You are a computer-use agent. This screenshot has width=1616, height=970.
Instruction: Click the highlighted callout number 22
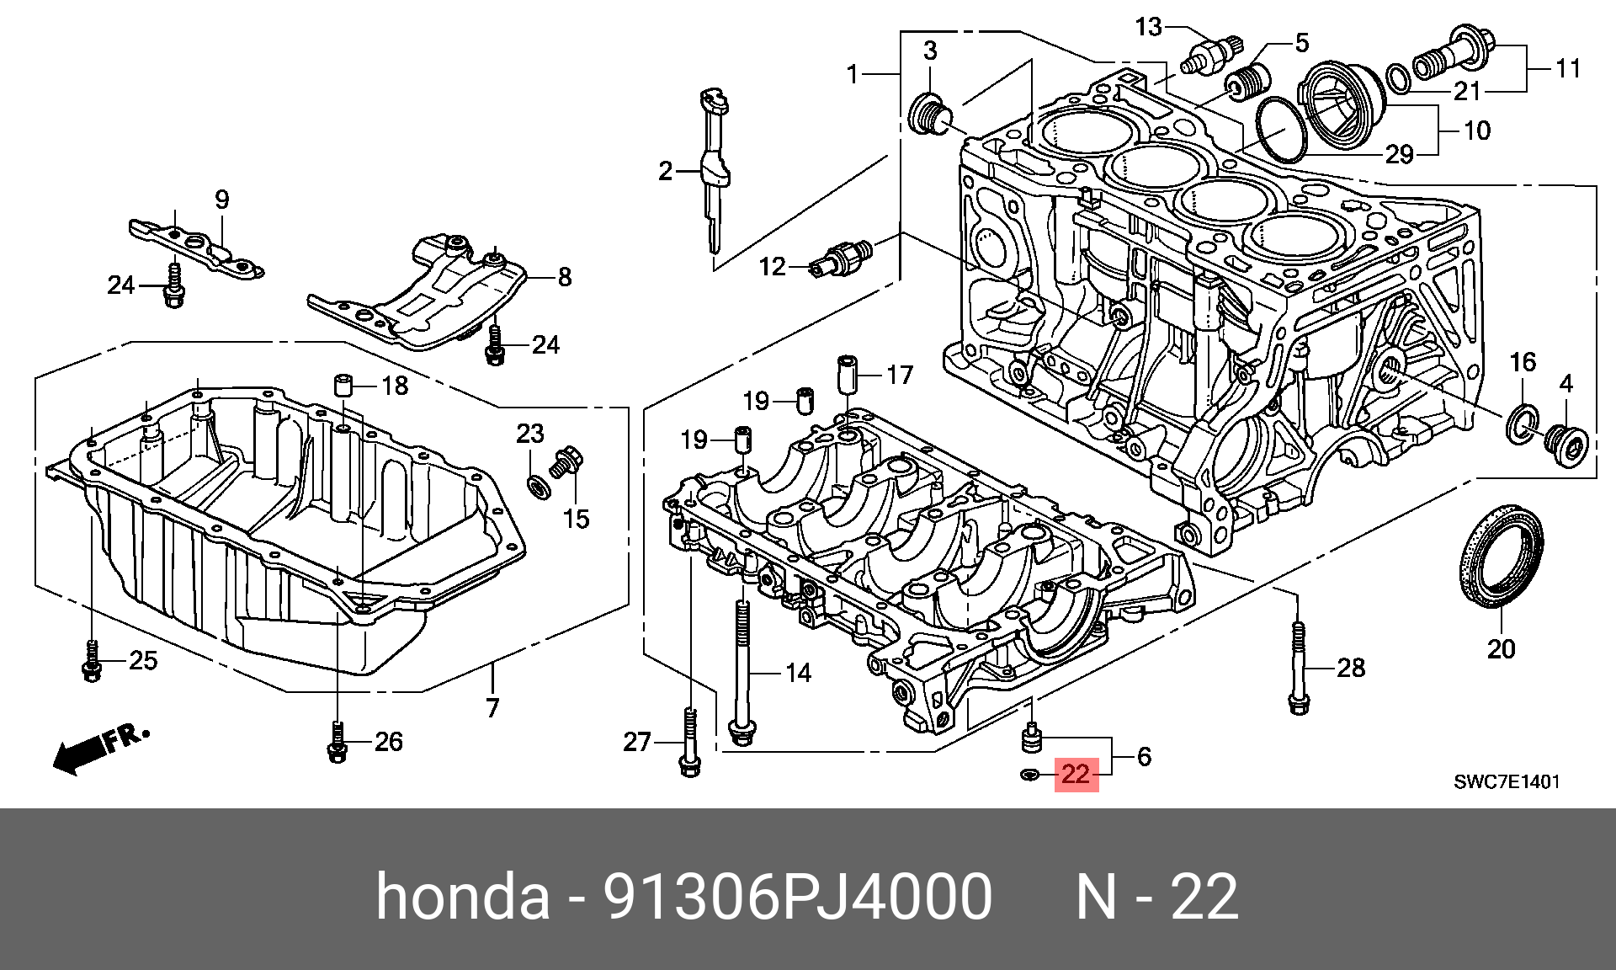coord(1076,774)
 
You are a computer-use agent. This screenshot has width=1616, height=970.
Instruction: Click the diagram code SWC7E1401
coord(1507,781)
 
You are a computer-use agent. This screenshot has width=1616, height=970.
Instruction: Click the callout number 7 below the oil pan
coord(492,707)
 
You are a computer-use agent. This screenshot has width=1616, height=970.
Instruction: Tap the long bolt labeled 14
coord(742,674)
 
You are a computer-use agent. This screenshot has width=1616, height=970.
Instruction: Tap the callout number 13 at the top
coord(1148,27)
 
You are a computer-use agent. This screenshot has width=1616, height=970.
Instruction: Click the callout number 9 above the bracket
coord(221,200)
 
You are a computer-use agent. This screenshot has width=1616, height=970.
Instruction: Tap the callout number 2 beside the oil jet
coord(666,172)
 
